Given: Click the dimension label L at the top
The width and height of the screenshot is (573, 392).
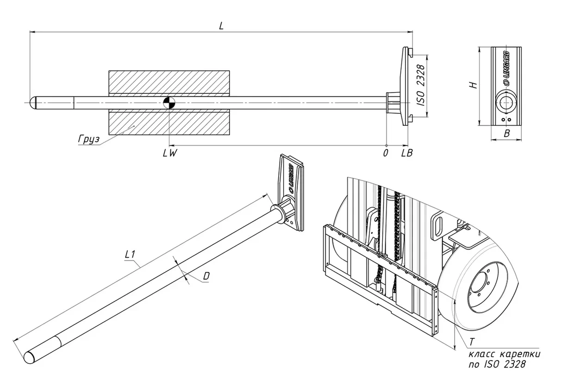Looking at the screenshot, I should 221,26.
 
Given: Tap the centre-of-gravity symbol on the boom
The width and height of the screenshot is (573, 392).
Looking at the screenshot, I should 169,102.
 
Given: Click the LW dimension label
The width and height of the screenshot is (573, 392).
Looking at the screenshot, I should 170,153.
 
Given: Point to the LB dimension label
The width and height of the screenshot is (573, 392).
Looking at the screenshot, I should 407,153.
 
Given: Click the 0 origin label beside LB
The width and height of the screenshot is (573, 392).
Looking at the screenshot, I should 386,153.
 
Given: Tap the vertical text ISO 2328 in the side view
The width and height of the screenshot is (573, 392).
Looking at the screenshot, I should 421,86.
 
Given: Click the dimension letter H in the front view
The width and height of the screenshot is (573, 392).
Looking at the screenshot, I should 472,85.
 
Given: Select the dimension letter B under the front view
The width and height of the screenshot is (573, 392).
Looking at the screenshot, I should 507,134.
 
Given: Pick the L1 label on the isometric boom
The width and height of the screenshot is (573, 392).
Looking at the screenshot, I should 130,254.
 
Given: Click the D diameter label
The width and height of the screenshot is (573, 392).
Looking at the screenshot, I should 206,276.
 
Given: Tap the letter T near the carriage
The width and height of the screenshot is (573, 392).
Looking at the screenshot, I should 471,342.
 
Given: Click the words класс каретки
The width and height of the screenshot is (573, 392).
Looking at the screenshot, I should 504,354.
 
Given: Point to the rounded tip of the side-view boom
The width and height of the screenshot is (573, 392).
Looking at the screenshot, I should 33,102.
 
